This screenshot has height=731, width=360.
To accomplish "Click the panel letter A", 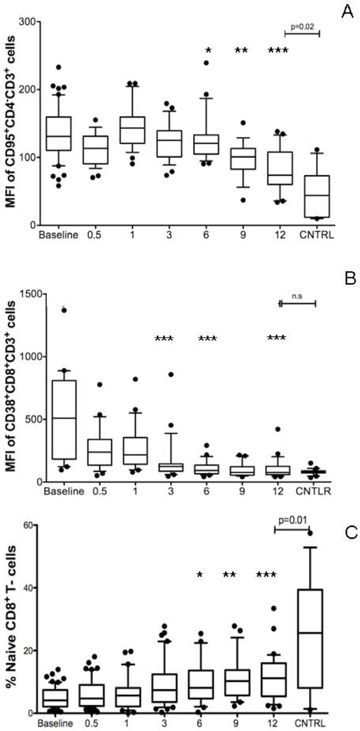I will tap(346, 13).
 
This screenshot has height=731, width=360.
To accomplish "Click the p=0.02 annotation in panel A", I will tap(302, 27).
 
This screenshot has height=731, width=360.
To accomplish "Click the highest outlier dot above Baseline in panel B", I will tap(64, 310).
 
